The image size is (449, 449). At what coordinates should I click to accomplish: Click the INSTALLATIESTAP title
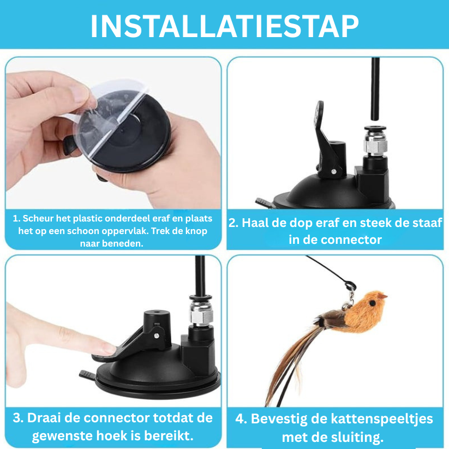[x=224, y=25]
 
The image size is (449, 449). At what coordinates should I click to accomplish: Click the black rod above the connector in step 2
[x=375, y=87]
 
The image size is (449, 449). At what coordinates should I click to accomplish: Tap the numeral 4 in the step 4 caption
[x=241, y=419]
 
